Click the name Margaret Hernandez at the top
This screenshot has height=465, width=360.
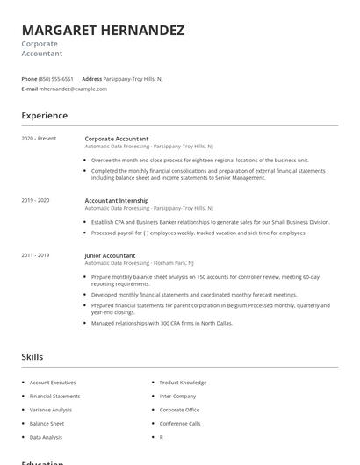(103, 31)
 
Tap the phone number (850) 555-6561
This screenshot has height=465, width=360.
(57, 79)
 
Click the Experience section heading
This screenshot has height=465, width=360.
(44, 115)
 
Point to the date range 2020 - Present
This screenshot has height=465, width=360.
(39, 139)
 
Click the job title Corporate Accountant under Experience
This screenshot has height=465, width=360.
(116, 139)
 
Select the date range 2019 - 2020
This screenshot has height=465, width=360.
(35, 200)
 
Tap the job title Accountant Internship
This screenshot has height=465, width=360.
(117, 200)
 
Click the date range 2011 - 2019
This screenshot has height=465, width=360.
(35, 255)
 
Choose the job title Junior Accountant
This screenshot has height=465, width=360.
(110, 255)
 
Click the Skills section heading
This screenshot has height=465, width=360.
(32, 357)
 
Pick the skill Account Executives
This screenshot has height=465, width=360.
(53, 383)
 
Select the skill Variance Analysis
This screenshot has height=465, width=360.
(51, 410)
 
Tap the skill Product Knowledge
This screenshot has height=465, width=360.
(183, 383)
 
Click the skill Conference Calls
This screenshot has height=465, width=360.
(180, 423)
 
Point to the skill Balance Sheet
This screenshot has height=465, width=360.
(47, 423)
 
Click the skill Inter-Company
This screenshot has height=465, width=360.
(177, 396)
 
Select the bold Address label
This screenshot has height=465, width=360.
(91, 79)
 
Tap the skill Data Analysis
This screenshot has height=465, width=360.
(46, 437)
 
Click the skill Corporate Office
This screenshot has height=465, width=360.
(179, 410)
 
